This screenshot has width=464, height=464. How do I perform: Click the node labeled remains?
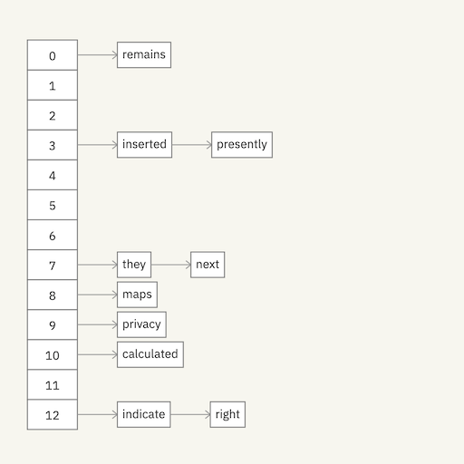(x=144, y=55)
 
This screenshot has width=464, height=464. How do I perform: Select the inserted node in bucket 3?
(x=144, y=145)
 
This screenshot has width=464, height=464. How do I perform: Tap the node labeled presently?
(x=242, y=145)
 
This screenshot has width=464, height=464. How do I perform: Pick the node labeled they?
(x=134, y=265)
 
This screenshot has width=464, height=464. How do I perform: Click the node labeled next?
(x=208, y=265)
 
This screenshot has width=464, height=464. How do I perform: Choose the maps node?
(x=137, y=295)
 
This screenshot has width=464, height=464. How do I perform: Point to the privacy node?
(x=141, y=324)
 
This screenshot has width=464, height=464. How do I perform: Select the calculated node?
(x=150, y=354)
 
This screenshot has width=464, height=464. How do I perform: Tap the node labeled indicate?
(x=144, y=414)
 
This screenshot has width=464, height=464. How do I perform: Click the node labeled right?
(x=227, y=414)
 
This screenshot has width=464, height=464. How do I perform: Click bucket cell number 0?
(x=53, y=55)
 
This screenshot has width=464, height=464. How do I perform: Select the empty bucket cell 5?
(x=53, y=205)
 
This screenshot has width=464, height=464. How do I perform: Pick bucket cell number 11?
(x=53, y=384)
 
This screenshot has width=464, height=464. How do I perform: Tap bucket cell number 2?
(x=53, y=115)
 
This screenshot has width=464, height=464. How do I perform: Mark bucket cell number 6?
(x=53, y=235)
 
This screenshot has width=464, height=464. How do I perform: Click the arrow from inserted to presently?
(x=191, y=145)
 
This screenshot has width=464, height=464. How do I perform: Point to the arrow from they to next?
(x=170, y=265)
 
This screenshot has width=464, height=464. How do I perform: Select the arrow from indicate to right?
(x=190, y=414)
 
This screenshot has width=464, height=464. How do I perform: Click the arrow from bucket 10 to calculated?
(x=97, y=354)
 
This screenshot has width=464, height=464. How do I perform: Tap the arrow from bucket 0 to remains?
(x=97, y=55)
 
